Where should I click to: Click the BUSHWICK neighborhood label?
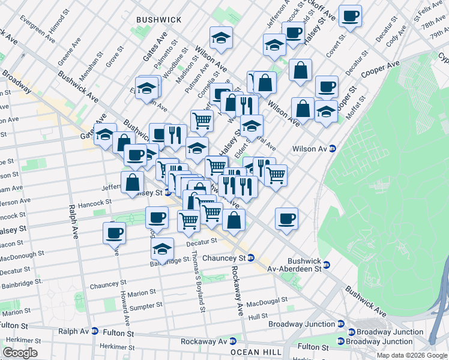[158, 20]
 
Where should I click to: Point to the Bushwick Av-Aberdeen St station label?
[295, 266]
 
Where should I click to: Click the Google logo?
[20, 353]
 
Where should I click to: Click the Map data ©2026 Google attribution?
[412, 355]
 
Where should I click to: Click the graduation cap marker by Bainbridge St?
[162, 248]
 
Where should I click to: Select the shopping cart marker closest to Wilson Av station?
[276, 175]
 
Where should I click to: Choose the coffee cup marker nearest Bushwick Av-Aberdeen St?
[287, 218]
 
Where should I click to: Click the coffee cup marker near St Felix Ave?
[350, 16]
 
